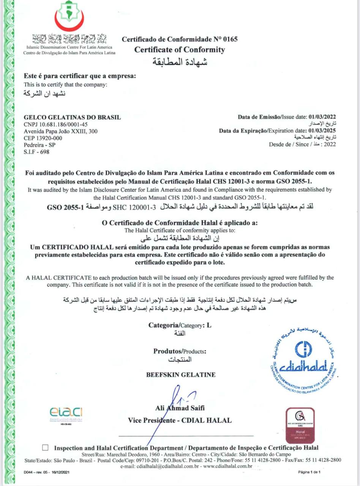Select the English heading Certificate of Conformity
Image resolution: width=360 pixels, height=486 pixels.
pos(180,50)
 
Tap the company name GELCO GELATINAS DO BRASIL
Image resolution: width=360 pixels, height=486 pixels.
pos(72,117)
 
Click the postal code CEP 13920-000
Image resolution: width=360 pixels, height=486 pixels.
pos(43,138)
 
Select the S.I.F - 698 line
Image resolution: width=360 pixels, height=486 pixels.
pos(36,152)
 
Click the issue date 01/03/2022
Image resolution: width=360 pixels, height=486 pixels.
pos(322,117)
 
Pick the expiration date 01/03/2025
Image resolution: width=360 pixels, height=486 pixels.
pos(322,131)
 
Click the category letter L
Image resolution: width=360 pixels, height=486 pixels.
pos(208,325)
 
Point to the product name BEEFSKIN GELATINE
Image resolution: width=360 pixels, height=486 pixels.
pos(181,375)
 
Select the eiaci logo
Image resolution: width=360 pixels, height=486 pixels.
pos(66,413)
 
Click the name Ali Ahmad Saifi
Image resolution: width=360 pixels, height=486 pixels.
pos(180,408)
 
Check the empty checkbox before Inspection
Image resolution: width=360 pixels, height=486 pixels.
pos(46,448)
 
